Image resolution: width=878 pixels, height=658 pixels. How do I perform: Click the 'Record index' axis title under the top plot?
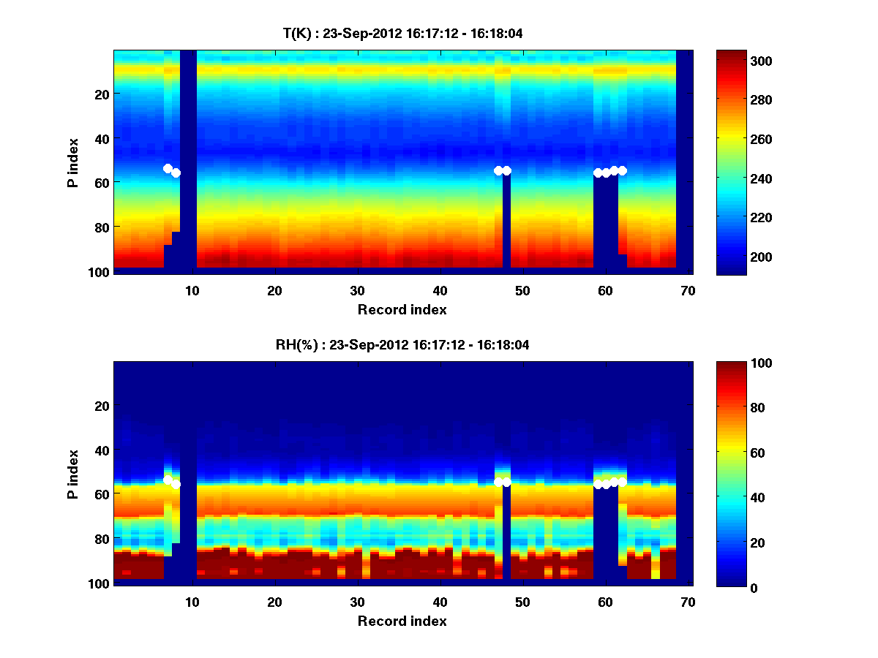click(402, 309)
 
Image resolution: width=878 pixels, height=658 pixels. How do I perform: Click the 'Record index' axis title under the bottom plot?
click(402, 621)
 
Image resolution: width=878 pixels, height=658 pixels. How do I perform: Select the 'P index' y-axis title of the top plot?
click(72, 162)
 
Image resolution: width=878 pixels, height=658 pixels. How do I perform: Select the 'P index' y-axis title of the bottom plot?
click(72, 474)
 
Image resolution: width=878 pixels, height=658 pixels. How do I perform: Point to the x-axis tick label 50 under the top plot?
click(522, 290)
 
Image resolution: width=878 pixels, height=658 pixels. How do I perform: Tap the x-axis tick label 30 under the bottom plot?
click(357, 602)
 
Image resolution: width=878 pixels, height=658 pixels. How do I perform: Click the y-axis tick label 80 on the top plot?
click(102, 227)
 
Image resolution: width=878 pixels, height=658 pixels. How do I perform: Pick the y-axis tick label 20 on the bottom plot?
click(102, 406)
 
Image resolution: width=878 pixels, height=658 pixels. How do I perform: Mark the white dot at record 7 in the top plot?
click(168, 168)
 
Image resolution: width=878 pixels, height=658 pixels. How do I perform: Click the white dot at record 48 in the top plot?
click(506, 170)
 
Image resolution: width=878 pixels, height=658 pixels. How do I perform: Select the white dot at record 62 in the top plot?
click(623, 170)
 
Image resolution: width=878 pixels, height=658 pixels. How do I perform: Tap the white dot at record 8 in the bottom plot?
click(176, 484)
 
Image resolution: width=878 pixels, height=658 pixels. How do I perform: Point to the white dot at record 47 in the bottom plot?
click(498, 482)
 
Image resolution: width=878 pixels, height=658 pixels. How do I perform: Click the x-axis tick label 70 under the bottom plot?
click(688, 602)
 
